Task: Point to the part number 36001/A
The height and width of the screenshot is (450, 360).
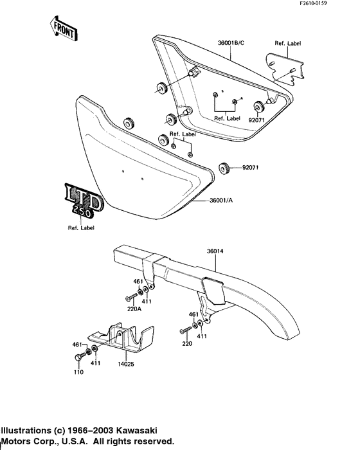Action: (x=222, y=201)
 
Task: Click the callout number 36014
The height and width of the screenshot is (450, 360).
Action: (x=217, y=251)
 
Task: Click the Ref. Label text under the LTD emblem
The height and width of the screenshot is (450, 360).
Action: (x=81, y=228)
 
